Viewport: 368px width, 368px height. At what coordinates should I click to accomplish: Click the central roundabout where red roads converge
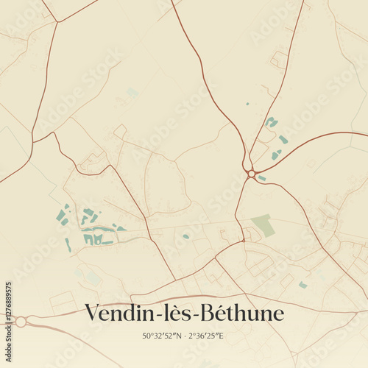pos(252,174)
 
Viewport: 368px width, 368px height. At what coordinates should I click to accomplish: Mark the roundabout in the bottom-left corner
pos(21,322)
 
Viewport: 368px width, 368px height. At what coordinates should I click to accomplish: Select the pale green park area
pos(263,225)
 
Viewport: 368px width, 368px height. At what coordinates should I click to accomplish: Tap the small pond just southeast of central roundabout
pos(261,178)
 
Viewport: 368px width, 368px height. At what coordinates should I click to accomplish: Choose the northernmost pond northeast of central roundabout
pos(271,121)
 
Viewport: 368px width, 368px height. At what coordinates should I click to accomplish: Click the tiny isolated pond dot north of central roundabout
pos(247,104)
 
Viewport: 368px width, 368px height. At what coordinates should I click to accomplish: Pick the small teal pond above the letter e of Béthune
pos(302,285)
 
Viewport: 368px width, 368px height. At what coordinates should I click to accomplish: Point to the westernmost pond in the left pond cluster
pos(60,215)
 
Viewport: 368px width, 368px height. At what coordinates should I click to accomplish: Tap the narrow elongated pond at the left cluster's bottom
pos(68,245)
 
